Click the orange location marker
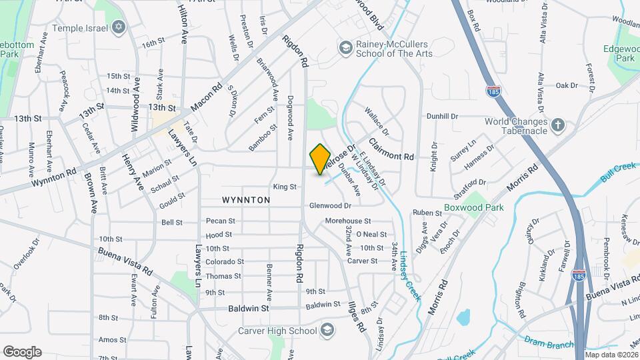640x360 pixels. [321, 159]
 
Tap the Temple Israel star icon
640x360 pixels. [119, 27]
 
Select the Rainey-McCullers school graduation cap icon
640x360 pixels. [345, 48]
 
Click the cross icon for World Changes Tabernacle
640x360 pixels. [558, 125]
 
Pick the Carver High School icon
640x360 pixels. [327, 330]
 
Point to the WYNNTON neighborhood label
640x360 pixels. [247, 200]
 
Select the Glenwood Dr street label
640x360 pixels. [330, 206]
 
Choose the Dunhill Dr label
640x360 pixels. [443, 116]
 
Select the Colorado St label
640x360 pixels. [224, 262]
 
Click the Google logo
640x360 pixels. [22, 351]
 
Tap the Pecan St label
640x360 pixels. [221, 221]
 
